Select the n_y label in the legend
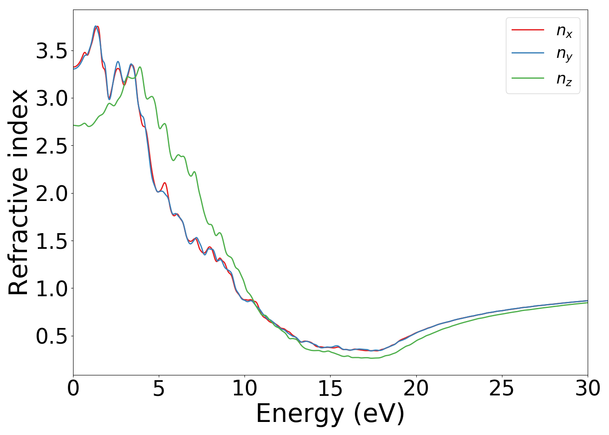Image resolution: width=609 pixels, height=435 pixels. pos(564,54)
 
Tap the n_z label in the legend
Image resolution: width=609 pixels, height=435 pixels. pos(564,79)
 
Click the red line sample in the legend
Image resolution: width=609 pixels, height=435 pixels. pos(528,30)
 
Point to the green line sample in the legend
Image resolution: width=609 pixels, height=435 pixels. pos(528,78)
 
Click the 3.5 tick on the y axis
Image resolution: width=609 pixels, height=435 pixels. pos(52,51)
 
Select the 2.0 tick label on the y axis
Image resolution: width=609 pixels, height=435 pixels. pos(52,194)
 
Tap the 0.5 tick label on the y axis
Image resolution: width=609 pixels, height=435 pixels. pos(52,336)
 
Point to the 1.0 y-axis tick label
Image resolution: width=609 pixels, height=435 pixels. pos(52,288)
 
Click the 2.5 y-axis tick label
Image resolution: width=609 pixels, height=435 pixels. pos(52,146)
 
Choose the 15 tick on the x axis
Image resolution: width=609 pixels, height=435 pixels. pos(330,388)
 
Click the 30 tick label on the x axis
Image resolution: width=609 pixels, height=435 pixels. pos(588,388)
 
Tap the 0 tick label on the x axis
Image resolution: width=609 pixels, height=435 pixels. pos(74,388)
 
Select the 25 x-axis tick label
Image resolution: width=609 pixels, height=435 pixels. pos(502,388)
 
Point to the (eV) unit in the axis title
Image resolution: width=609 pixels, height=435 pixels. pos(379,413)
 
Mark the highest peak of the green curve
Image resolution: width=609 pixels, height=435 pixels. pos(140,67)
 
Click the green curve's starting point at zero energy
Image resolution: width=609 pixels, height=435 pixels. pos(74,125)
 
